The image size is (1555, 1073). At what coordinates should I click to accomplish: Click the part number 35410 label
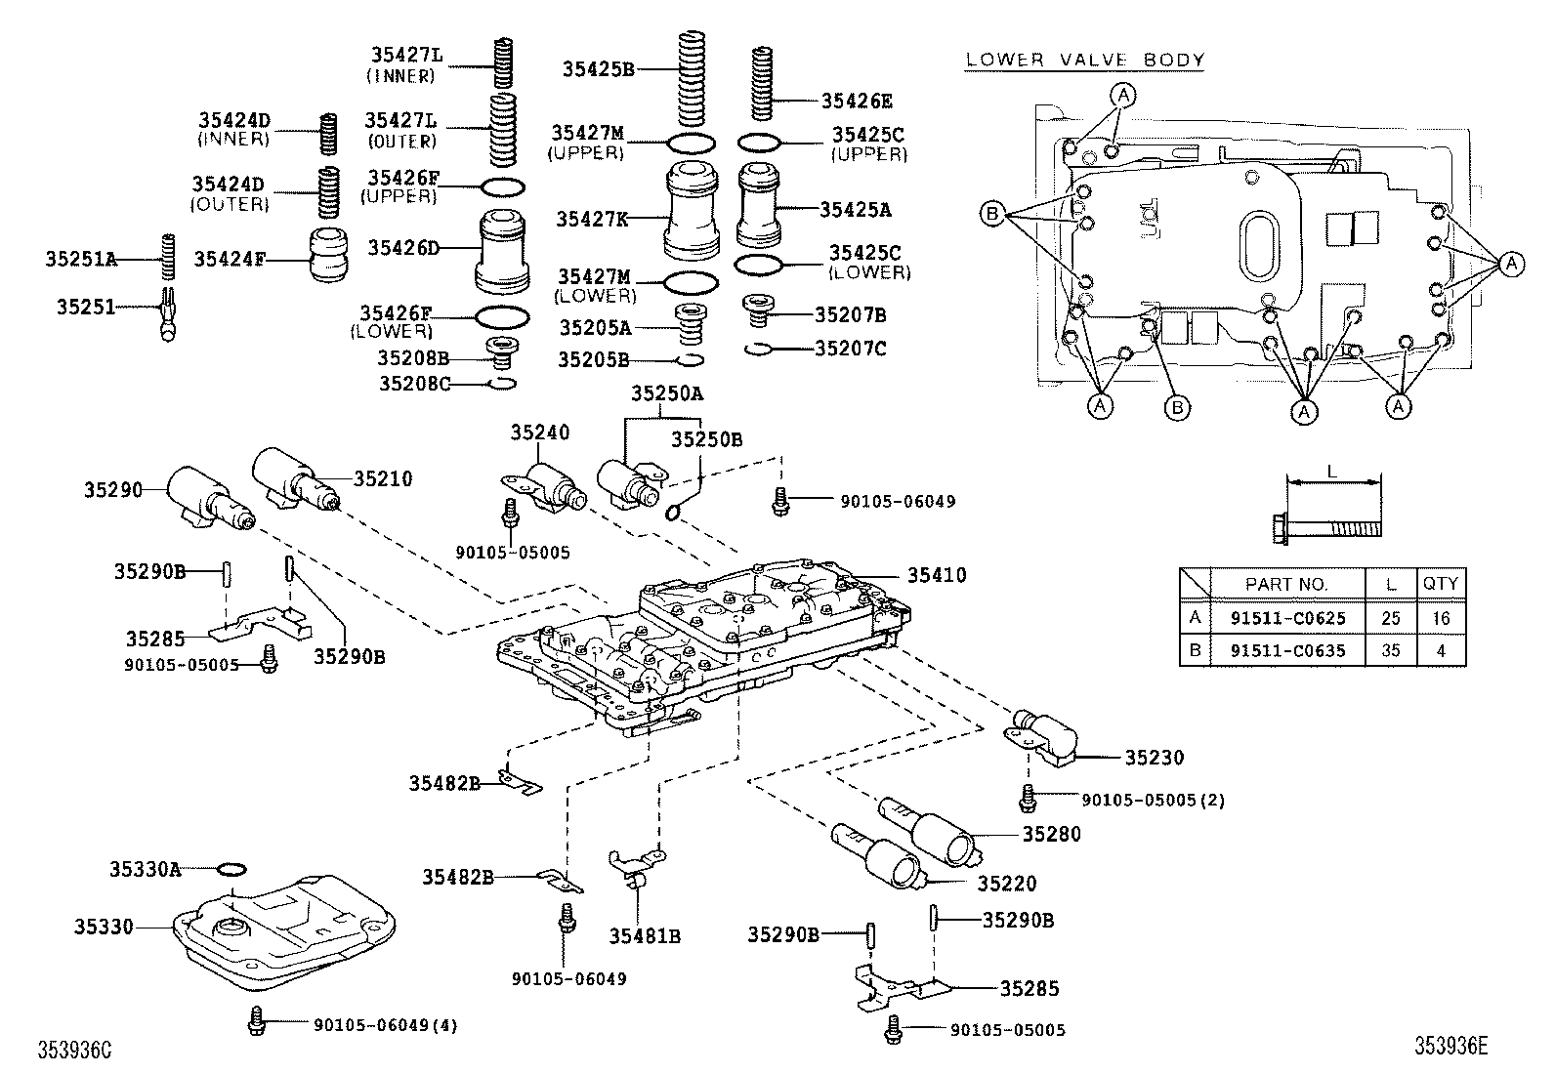click(936, 575)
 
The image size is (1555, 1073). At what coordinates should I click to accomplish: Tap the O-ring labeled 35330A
click(231, 868)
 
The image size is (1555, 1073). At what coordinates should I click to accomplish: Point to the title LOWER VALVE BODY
click(1084, 60)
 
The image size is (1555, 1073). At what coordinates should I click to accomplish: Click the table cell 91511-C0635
click(1286, 650)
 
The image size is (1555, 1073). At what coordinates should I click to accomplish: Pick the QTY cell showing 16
click(1441, 617)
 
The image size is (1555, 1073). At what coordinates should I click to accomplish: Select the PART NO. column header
click(1286, 584)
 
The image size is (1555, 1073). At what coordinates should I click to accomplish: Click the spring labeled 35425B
click(692, 78)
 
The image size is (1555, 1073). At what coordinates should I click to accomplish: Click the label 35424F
click(231, 259)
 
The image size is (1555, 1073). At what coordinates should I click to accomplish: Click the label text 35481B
click(645, 936)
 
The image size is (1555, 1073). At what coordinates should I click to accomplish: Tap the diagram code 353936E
click(1451, 1047)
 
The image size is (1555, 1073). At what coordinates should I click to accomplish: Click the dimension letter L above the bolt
click(1332, 471)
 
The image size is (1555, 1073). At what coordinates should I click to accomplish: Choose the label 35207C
click(850, 348)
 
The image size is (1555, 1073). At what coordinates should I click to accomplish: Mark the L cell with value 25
click(1391, 617)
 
